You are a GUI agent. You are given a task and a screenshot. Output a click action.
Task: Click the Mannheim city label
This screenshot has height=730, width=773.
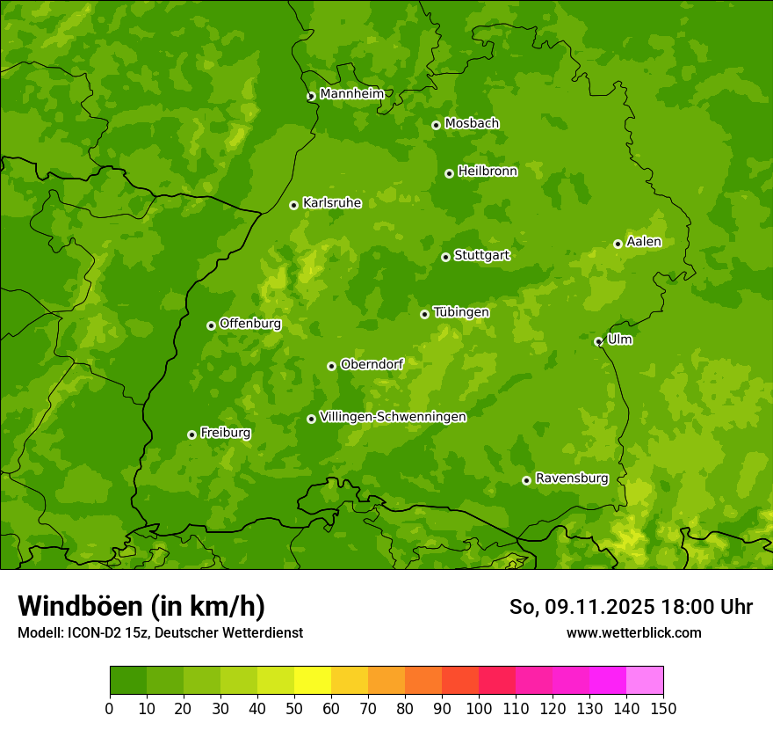[351, 94]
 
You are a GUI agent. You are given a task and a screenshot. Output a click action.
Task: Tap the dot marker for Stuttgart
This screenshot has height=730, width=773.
[445, 257]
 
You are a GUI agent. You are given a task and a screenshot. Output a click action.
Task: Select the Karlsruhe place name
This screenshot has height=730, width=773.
[332, 203]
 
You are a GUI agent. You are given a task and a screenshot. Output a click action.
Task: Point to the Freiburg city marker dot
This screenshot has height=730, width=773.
[191, 434]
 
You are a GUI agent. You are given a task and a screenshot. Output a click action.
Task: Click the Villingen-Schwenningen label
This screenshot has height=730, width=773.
[393, 417]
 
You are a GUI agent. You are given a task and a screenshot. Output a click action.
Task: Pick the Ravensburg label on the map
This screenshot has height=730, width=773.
[572, 478]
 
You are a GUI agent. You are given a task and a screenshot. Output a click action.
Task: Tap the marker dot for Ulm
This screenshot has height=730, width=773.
[598, 341]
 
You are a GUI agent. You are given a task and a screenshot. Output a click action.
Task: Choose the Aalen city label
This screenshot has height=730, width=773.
[644, 242]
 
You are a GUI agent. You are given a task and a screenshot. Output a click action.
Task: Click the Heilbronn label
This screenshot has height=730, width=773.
[488, 172]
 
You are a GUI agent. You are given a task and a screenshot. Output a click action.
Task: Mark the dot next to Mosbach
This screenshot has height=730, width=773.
[436, 125]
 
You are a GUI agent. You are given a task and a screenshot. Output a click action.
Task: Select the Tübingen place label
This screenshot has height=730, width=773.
[461, 312]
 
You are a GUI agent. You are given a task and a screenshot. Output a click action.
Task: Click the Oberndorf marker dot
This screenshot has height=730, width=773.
[331, 366]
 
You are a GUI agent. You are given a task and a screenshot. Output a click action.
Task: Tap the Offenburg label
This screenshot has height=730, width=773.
[250, 324]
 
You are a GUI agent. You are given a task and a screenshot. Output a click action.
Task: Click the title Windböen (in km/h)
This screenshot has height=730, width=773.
[141, 606]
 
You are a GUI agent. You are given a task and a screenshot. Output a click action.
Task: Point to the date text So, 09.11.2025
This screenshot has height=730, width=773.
[581, 607]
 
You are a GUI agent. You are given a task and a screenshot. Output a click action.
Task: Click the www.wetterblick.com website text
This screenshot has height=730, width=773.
[633, 632]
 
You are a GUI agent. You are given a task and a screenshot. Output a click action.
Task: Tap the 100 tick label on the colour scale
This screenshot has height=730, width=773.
[479, 709]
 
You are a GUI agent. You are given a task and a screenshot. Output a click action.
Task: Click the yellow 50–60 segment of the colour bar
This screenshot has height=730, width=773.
[313, 681]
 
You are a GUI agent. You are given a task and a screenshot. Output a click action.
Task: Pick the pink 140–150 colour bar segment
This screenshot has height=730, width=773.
[645, 681]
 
